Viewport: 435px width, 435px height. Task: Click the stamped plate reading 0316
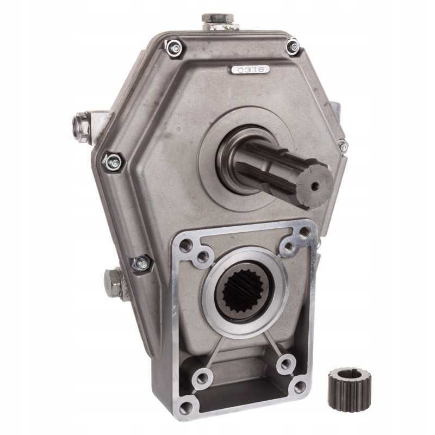pos(250,70)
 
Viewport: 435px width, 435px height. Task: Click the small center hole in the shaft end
pos(314,187)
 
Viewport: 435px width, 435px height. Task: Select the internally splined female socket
pos(245,293)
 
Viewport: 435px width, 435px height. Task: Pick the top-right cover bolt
pos(294,46)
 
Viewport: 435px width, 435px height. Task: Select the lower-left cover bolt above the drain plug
pos(141,263)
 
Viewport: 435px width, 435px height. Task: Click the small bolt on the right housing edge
pos(343,146)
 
